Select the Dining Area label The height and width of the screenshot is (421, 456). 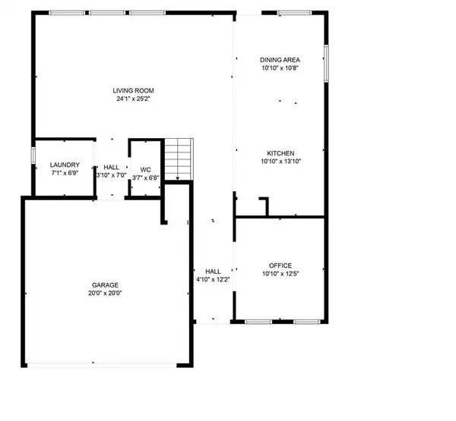point(280,59)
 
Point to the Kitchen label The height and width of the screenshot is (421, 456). point(280,152)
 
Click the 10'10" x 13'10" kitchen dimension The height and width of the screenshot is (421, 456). point(280,161)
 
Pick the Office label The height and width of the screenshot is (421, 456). point(280,265)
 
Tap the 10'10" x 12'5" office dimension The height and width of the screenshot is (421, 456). point(280,274)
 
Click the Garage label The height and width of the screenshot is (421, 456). point(106,284)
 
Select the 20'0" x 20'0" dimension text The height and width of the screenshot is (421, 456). point(106,293)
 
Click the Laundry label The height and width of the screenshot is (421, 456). point(65,165)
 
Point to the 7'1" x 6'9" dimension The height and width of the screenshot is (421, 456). point(65,174)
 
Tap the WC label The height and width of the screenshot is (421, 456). point(145,170)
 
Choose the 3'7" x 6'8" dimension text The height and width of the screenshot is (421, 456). point(145,178)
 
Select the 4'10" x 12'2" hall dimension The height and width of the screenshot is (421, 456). point(213,279)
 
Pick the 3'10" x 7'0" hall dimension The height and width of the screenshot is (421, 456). point(112,174)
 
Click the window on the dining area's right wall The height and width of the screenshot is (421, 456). point(328,63)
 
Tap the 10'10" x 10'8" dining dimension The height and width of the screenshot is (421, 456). point(280,68)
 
